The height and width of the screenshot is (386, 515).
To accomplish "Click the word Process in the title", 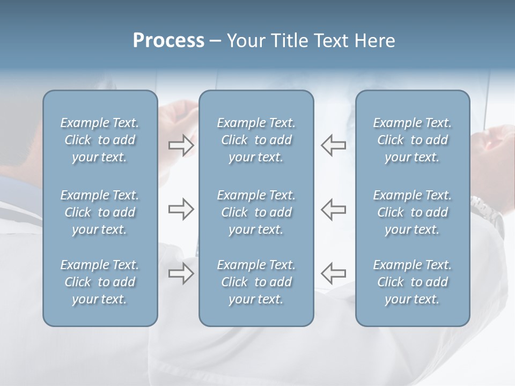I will (x=168, y=41).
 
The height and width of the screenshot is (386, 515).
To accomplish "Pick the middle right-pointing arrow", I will (x=181, y=210).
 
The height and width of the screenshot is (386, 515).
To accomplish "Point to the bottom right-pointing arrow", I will (x=181, y=274).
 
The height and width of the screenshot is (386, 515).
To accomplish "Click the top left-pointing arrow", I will (x=333, y=145).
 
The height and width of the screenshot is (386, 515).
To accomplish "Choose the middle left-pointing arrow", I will (x=333, y=210).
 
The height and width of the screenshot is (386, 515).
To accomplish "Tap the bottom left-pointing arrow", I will (x=333, y=273).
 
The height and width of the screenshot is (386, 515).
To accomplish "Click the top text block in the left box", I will (x=100, y=140).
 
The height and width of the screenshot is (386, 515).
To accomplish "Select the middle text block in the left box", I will (x=100, y=212).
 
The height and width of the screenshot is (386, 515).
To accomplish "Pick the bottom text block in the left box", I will (x=100, y=282).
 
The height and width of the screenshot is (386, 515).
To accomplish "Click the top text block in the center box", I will (x=256, y=140).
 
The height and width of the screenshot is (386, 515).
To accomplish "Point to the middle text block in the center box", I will (x=256, y=212).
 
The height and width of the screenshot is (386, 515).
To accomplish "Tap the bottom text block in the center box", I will (x=256, y=282).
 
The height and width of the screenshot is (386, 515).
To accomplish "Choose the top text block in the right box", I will (x=412, y=140).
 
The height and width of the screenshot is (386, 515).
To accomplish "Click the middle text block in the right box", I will (x=412, y=212).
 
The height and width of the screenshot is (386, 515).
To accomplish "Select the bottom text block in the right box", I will (x=412, y=282).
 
